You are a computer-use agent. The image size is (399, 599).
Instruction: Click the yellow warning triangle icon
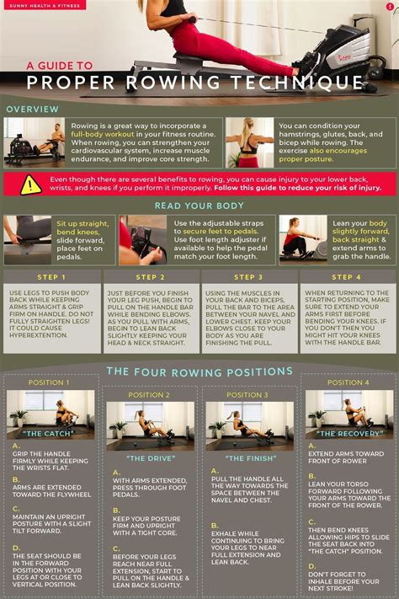30,185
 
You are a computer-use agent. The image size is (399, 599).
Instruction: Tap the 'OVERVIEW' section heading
33,110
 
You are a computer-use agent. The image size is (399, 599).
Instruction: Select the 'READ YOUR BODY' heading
199,206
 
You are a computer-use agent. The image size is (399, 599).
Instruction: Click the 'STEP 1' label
51,277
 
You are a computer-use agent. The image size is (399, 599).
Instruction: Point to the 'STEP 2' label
150,277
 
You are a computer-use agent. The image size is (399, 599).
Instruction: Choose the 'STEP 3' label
248,277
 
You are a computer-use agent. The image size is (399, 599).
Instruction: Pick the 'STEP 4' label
346,277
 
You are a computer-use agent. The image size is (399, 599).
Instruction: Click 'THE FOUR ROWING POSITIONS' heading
199,372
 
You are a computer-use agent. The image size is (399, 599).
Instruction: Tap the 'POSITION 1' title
50,382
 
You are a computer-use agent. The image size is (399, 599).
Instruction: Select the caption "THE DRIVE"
149,458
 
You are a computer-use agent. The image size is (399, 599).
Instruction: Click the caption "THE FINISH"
248,458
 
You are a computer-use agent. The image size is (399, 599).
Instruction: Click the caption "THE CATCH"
50,433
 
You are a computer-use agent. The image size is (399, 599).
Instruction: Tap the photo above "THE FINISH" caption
248,425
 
